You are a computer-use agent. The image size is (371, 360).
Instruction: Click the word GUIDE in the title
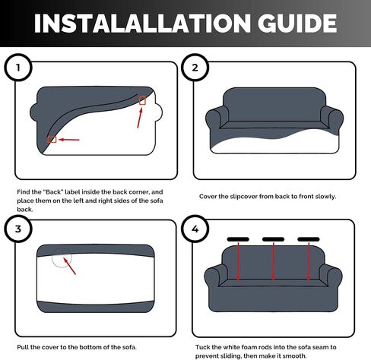coord(297,23)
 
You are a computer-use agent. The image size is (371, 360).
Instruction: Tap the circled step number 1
coord(18,68)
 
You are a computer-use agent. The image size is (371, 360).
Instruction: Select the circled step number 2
coord(195,68)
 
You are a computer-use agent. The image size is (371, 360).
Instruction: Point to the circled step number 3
coord(18,229)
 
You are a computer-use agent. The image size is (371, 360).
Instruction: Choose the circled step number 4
coord(195,229)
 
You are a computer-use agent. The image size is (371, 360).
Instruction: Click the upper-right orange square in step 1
coord(142,100)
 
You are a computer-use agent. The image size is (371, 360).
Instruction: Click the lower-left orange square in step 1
coord(52,140)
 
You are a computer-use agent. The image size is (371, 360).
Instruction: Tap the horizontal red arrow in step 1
coord(69,140)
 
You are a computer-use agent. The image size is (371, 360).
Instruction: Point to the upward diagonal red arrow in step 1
coord(140,118)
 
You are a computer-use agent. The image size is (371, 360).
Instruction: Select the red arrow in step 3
coord(69,266)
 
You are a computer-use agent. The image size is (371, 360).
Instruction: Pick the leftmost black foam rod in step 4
coord(238,239)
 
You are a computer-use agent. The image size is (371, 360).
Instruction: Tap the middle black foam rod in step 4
coord(273,239)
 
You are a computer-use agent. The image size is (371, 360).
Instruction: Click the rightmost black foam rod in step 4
coord(309,239)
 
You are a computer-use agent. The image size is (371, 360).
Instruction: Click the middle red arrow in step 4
coord(273,261)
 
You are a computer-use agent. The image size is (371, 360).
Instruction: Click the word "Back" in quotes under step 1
coord(54,192)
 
